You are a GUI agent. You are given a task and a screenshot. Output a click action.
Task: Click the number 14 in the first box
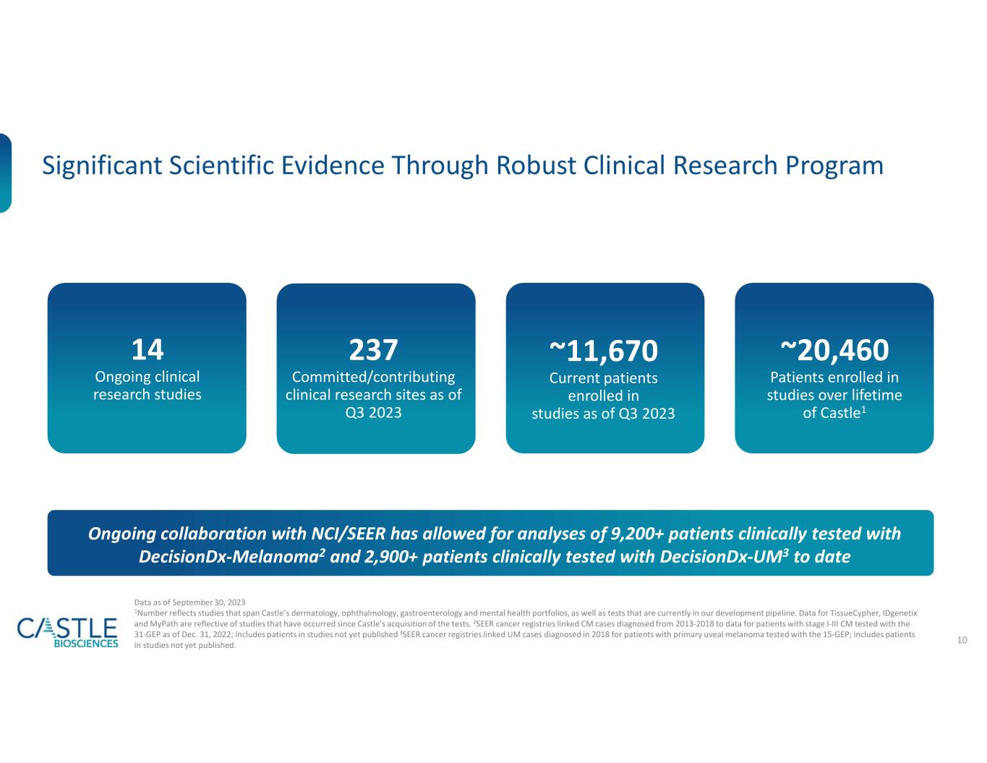tap(147, 349)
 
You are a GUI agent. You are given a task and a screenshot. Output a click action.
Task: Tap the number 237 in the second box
tap(373, 350)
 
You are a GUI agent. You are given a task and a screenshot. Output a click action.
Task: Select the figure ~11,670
tap(603, 351)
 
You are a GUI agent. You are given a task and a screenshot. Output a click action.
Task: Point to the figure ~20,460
tap(834, 350)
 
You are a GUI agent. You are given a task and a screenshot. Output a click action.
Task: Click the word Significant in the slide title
tap(102, 166)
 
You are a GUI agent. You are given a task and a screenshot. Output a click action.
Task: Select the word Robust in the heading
tap(536, 165)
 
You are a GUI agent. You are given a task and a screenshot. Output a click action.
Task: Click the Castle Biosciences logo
tap(67, 631)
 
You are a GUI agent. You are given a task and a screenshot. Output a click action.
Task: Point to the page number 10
tap(962, 640)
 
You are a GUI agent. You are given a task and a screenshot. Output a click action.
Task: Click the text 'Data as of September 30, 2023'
tap(189, 602)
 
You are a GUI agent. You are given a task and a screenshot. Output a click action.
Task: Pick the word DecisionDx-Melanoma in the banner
tap(228, 557)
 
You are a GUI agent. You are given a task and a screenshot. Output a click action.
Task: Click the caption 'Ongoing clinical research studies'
tap(148, 385)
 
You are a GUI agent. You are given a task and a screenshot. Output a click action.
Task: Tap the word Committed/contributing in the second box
tap(373, 377)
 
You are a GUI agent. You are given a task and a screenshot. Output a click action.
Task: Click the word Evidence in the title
tap(333, 165)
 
